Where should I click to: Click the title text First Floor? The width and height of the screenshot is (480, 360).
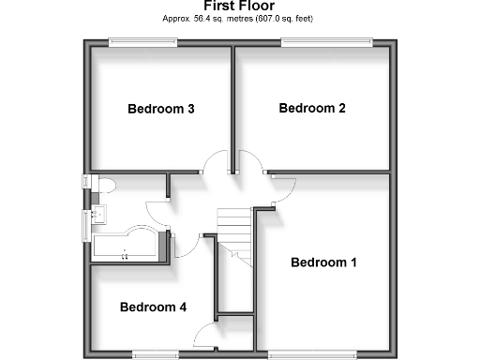[x=239, y=6]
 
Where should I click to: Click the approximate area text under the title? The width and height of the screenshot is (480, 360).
[x=239, y=18]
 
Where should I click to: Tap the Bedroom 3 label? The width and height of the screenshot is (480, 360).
[x=160, y=109]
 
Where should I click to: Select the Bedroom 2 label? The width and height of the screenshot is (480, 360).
[x=312, y=108]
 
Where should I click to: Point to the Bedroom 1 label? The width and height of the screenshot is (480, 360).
[x=323, y=262]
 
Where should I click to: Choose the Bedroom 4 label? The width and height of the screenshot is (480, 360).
[x=153, y=307]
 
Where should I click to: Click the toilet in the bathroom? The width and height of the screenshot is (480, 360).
[x=102, y=185]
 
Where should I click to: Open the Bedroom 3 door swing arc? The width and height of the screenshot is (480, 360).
[x=215, y=165]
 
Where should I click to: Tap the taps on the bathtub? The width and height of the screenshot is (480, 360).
[x=126, y=252]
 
